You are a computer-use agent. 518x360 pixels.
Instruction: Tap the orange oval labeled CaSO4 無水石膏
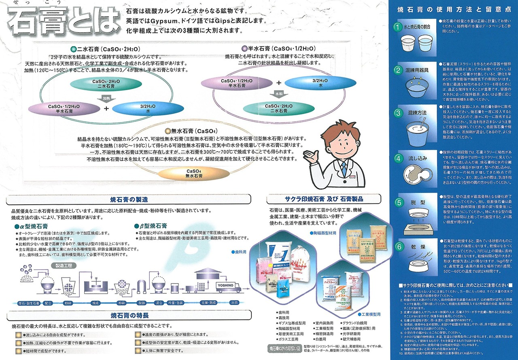(x=185, y=174)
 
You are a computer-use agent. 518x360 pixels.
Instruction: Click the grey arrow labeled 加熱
(x=106, y=99)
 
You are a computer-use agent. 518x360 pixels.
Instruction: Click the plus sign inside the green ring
(x=106, y=108)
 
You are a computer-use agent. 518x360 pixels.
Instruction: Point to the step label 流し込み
(x=417, y=158)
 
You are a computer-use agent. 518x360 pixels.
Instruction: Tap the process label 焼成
(x=96, y=303)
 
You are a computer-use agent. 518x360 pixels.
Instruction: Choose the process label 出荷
(x=234, y=303)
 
